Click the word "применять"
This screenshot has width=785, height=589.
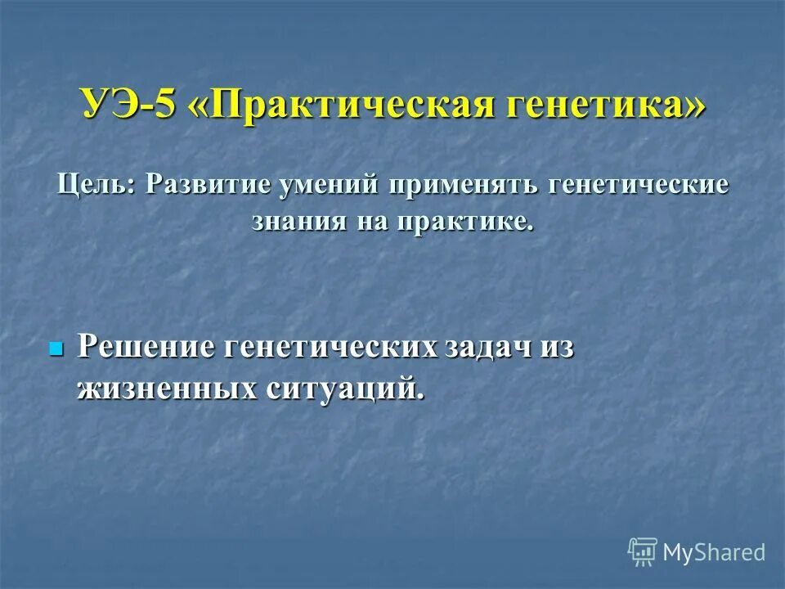[x=464, y=183]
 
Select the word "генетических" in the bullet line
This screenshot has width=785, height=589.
[x=333, y=347]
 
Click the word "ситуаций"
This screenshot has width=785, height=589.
[x=344, y=388]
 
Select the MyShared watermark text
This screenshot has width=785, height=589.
[x=714, y=552]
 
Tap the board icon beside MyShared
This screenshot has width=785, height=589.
[x=642, y=551]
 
